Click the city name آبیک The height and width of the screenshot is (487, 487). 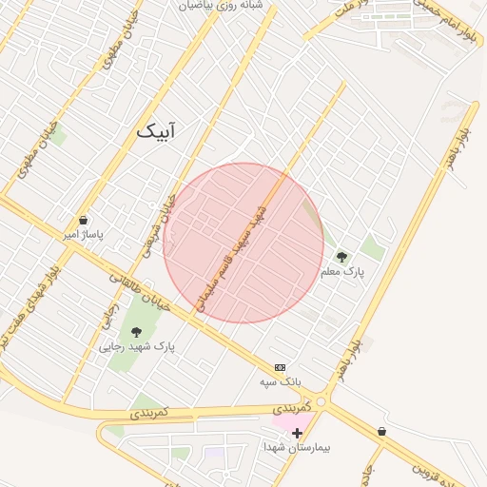(x=156, y=130)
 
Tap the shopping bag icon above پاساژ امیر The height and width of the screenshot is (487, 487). (x=84, y=220)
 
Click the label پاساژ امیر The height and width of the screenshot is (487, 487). (x=84, y=233)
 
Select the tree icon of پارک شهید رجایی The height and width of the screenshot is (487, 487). (x=136, y=332)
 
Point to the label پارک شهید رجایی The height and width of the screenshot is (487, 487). (x=137, y=346)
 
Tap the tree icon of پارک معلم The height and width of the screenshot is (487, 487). (x=341, y=257)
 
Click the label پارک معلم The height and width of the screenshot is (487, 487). (x=342, y=272)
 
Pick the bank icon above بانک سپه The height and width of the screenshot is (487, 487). (x=280, y=367)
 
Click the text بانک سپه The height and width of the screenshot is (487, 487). (x=281, y=381)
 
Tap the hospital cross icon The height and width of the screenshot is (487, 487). (x=298, y=432)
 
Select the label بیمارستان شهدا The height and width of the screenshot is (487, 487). (x=299, y=446)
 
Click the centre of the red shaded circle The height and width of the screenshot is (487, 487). (x=243, y=243)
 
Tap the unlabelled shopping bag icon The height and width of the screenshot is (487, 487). (x=381, y=431)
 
